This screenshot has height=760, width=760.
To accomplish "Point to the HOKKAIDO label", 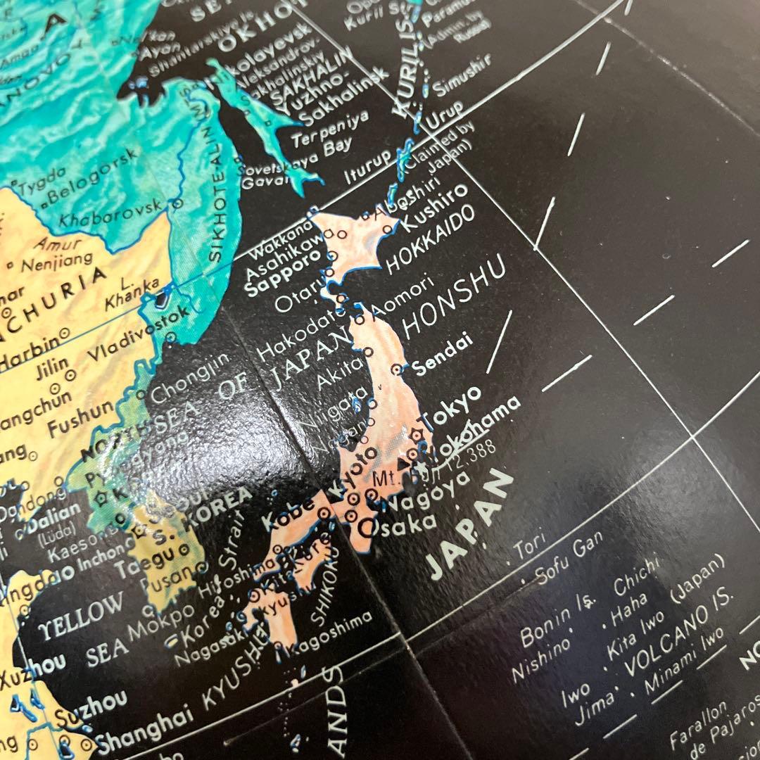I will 430,241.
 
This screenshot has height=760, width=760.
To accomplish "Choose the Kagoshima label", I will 334,635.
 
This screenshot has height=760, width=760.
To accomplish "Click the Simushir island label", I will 462,77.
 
